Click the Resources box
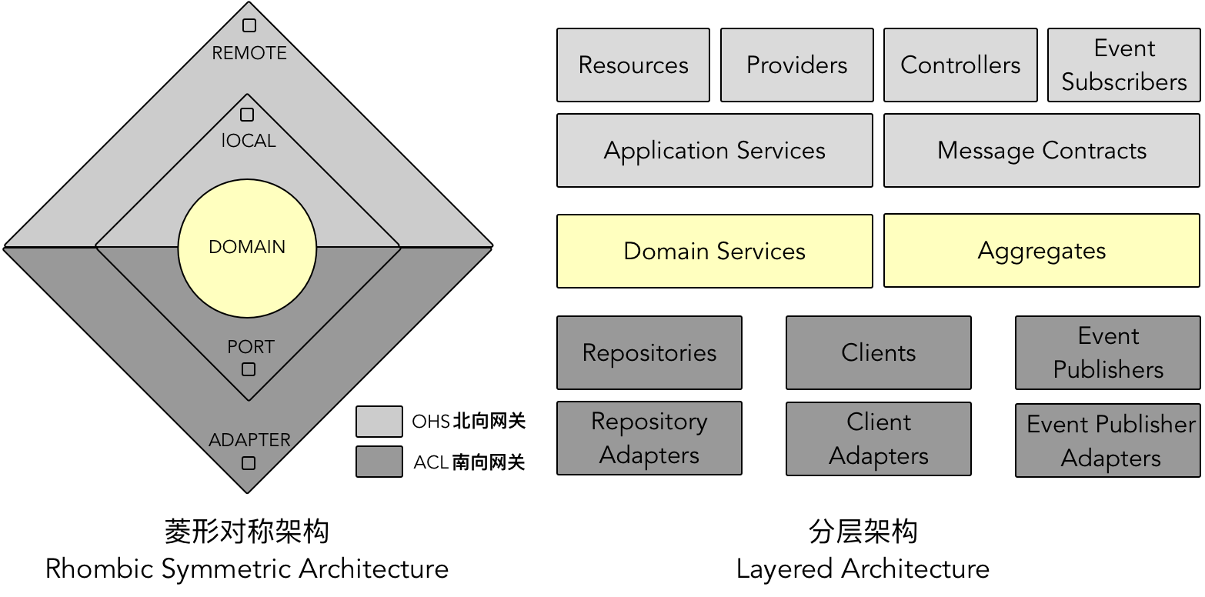[x=633, y=65]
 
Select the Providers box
[x=797, y=65]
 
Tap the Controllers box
[x=960, y=65]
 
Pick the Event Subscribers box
[x=1124, y=65]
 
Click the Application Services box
[x=715, y=151]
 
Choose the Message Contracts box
[x=1042, y=151]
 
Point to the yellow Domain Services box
[x=715, y=252]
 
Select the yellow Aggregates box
[x=1042, y=252]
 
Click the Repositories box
[x=649, y=353]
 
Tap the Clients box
[x=879, y=353]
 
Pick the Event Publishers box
[x=1108, y=353]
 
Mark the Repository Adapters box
[x=649, y=439]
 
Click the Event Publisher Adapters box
[x=1108, y=441]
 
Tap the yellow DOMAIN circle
[x=247, y=248]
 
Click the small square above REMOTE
[x=249, y=25]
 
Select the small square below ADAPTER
[x=249, y=463]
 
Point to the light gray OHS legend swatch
[x=379, y=422]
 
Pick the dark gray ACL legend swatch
[x=379, y=462]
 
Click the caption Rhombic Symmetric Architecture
[x=247, y=569]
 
